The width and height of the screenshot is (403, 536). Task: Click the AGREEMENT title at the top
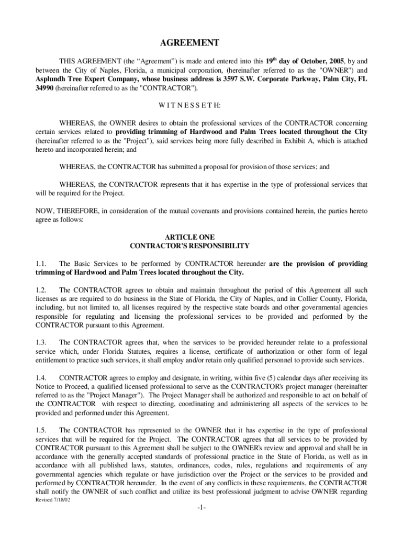pos(201,43)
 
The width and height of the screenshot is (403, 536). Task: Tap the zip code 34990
pos(44,88)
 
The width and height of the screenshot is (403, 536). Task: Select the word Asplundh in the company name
pos(51,79)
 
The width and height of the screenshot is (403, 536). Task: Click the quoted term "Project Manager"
pos(86,395)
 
